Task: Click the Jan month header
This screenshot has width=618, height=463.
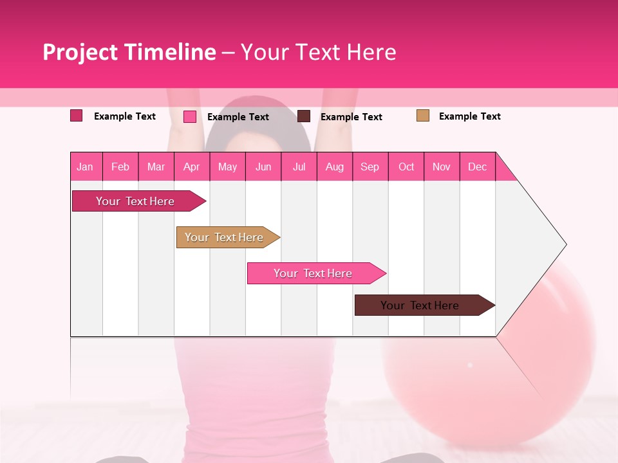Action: [x=86, y=167]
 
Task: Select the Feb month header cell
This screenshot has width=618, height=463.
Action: [x=120, y=167]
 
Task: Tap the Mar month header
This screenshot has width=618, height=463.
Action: [x=156, y=167]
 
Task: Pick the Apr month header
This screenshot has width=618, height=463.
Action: [x=192, y=167]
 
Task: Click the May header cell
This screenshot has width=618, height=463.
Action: [x=227, y=167]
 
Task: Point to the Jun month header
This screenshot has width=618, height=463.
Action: [x=263, y=167]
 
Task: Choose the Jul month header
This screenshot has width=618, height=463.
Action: [x=299, y=167]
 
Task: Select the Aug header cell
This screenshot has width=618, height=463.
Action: [x=335, y=167]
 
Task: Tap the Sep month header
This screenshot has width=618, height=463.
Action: [x=370, y=167]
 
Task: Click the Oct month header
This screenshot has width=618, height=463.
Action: [x=406, y=167]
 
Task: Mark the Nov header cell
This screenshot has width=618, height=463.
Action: [x=442, y=167]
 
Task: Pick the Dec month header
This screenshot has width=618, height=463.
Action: [x=478, y=167]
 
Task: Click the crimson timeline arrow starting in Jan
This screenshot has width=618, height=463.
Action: [x=136, y=201]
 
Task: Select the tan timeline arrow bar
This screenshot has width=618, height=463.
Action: [x=225, y=237]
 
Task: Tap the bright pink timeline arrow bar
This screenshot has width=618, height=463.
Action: [x=314, y=273]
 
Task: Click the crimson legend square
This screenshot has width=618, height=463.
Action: [x=77, y=116]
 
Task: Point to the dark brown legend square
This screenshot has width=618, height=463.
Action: [x=304, y=116]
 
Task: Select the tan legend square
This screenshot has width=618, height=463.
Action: [x=423, y=116]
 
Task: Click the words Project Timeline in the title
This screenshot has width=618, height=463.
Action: [x=129, y=52]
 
